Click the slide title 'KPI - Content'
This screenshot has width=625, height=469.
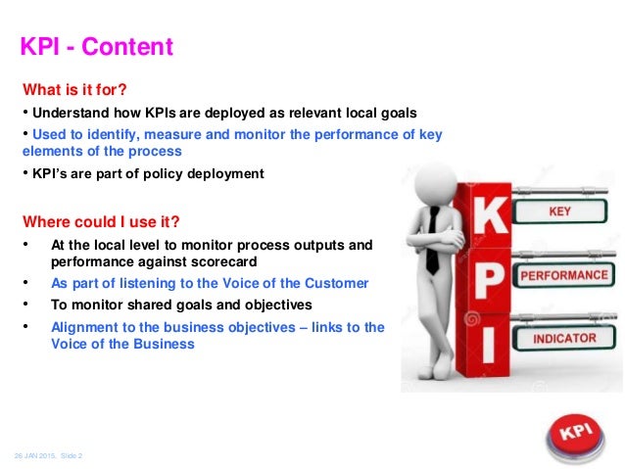point(97,46)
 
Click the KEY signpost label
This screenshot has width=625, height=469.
point(559,211)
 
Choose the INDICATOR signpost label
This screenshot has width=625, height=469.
point(563,339)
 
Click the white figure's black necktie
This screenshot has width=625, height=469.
point(431,241)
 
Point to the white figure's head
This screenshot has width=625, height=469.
point(428,184)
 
